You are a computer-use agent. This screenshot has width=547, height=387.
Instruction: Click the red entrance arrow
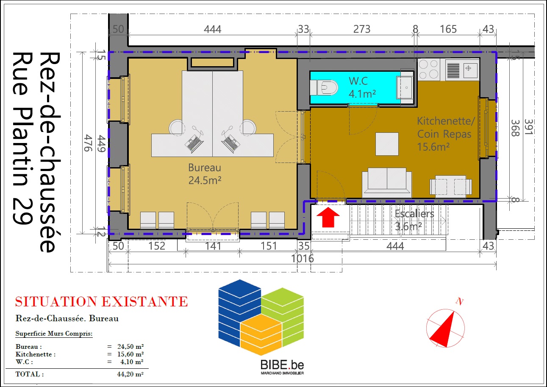coord(328,217)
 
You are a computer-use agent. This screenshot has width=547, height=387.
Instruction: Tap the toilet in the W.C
coord(324,87)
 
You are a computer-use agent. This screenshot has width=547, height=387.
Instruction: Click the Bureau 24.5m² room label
coord(205,174)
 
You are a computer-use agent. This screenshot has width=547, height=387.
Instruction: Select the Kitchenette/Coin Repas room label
coord(445,134)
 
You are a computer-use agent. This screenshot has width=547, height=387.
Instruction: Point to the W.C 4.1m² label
coord(362,87)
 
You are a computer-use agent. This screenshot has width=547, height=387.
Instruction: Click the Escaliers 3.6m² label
coord(414,220)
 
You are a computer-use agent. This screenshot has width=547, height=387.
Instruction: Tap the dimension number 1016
coord(303,258)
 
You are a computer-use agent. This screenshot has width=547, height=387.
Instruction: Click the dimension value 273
coord(362,29)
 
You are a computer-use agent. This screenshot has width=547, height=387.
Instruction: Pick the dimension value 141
coord(213,246)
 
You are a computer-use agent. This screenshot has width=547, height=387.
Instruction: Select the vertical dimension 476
coord(88,143)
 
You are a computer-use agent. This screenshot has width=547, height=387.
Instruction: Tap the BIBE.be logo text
coord(282,365)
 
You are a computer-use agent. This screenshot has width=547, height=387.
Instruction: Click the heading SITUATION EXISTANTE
coord(101,301)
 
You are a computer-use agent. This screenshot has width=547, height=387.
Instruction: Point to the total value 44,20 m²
coord(130,374)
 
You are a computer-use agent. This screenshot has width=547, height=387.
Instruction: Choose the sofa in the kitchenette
coord(387,182)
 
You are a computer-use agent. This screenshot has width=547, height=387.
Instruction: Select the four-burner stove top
coord(429,70)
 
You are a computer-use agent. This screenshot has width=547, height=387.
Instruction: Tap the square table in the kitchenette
coord(387,144)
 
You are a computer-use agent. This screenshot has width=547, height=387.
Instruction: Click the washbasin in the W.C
coord(405,87)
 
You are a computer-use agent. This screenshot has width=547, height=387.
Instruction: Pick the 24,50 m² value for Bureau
coord(131,346)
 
